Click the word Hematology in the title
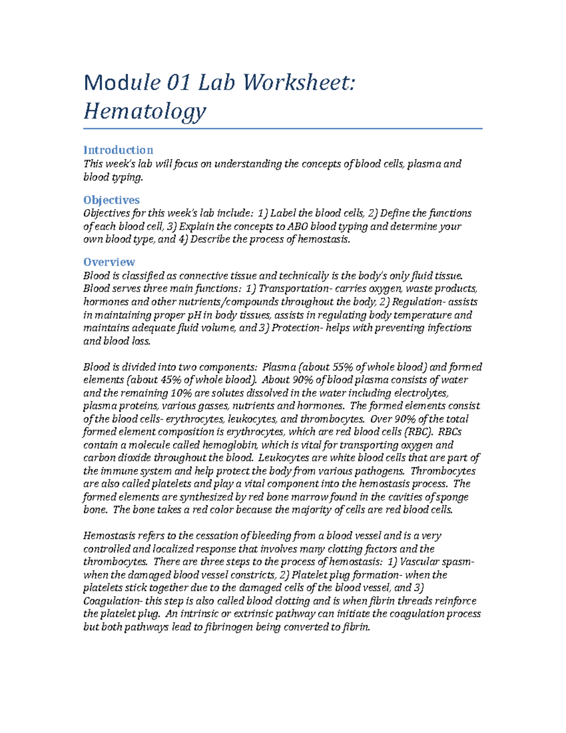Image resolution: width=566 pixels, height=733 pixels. point(145,112)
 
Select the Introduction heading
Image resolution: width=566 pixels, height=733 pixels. point(118,150)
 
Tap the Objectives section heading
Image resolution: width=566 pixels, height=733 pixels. point(111,200)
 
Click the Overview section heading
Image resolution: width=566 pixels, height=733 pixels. point(109,262)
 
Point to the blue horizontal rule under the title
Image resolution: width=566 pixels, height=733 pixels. point(283,128)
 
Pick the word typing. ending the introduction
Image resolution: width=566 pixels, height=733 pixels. point(126,177)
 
